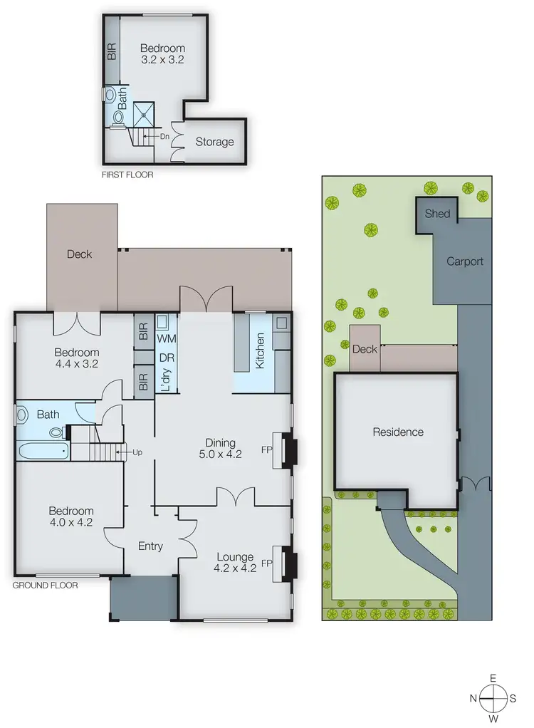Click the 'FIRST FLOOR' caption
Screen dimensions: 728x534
[x=128, y=174]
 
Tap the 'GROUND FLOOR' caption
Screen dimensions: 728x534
[x=46, y=585]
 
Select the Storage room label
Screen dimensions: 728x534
[x=214, y=142]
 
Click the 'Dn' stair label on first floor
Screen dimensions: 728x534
[x=164, y=135]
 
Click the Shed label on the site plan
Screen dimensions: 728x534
[x=437, y=213]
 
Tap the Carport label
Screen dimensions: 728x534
[x=464, y=261]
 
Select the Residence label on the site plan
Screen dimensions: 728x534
[x=397, y=432]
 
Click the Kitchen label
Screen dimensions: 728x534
[x=260, y=350]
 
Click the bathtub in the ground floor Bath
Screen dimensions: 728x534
[x=42, y=450]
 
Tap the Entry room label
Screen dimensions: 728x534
[x=150, y=546]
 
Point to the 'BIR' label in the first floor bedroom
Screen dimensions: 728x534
[x=112, y=51]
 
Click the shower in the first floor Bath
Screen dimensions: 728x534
[x=146, y=111]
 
